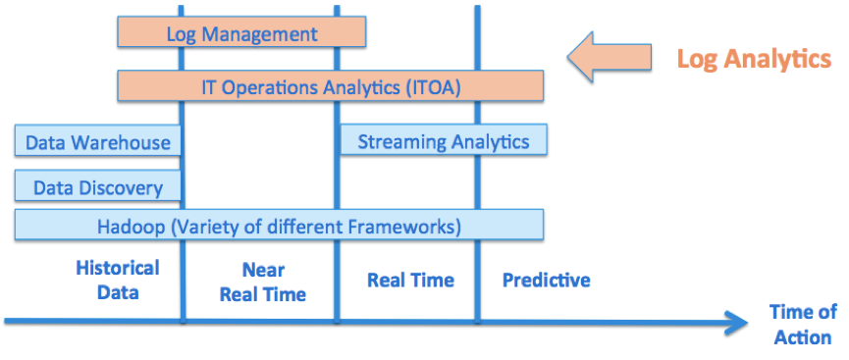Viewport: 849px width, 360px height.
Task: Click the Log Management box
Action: (241, 32)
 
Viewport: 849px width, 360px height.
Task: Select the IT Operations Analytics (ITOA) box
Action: (331, 85)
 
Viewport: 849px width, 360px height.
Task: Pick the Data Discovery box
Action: (97, 185)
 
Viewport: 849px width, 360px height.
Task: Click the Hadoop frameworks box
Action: (279, 225)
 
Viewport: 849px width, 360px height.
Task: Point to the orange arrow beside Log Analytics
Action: (610, 56)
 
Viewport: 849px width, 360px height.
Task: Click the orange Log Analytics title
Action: (754, 59)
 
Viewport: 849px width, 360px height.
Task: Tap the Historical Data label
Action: (118, 280)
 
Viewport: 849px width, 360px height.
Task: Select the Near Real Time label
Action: (263, 283)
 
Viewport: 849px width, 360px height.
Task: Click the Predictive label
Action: (547, 281)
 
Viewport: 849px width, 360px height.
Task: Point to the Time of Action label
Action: (803, 325)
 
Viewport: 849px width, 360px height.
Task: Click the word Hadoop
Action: (131, 227)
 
